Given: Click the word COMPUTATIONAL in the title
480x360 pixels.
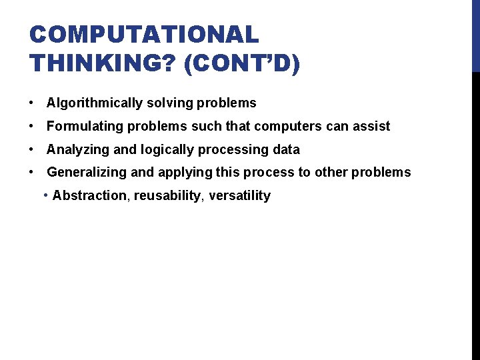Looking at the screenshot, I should click(x=144, y=35).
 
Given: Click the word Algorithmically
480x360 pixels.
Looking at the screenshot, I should click(x=95, y=103).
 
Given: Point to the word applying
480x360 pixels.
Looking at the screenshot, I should click(x=181, y=173).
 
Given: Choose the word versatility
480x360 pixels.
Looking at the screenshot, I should click(x=240, y=195).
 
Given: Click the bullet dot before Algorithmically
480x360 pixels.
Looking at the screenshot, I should click(x=32, y=103).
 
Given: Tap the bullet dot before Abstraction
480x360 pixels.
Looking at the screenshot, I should click(x=45, y=195).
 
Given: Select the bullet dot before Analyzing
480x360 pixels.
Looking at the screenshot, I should click(x=32, y=149).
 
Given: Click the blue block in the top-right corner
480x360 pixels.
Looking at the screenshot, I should click(x=475, y=35).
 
